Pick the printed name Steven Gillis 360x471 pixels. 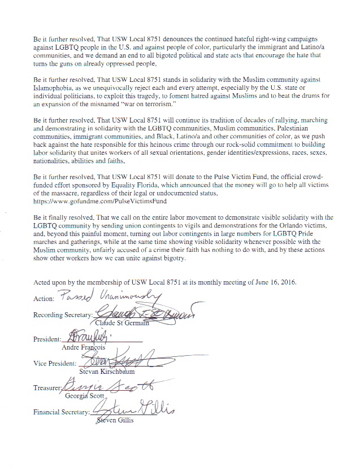[116, 420]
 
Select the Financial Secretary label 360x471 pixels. [61, 412]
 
